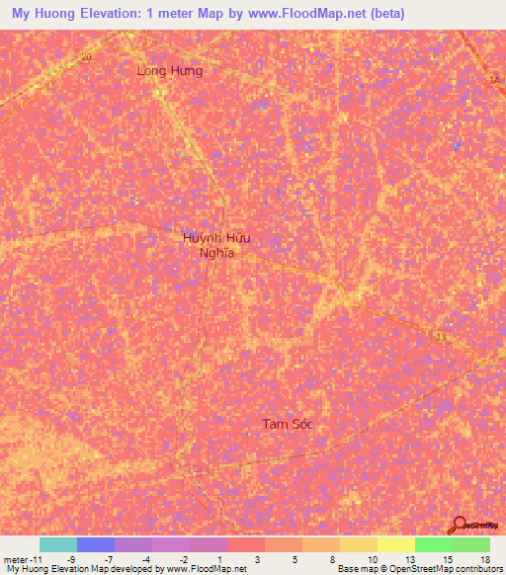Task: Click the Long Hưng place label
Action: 170,71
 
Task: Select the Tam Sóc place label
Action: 288,424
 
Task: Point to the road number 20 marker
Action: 86,57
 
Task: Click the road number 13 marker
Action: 440,338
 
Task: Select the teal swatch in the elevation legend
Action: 58,544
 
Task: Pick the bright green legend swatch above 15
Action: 433,544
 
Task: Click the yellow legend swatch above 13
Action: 395,544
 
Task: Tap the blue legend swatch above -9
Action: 96,544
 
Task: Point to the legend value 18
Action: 483,558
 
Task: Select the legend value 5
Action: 295,558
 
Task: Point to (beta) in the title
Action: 383,15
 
